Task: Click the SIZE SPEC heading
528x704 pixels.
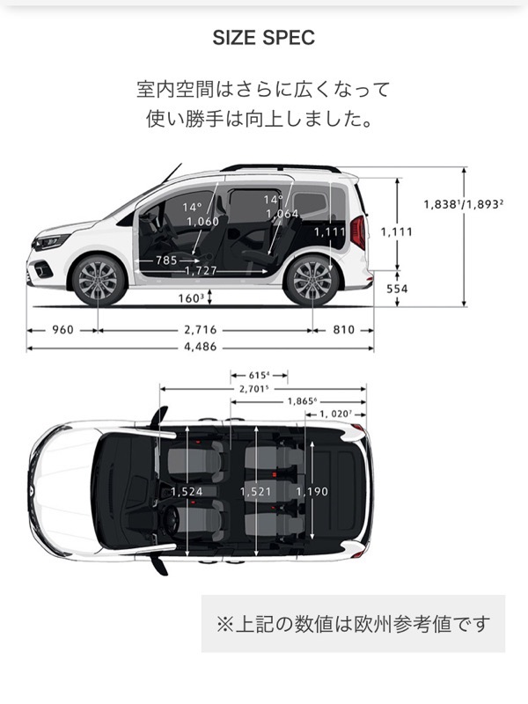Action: tap(263, 38)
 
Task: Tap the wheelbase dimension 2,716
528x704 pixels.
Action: tap(201, 330)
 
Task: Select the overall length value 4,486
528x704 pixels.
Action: tap(201, 347)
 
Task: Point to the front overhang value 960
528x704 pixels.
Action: tap(62, 330)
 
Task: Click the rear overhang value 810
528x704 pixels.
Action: tap(344, 330)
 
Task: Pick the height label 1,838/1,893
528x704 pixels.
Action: tap(464, 204)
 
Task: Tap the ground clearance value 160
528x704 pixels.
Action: tap(191, 298)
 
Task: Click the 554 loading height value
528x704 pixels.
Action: tap(397, 289)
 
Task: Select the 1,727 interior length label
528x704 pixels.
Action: tap(201, 271)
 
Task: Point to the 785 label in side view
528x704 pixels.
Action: tap(166, 260)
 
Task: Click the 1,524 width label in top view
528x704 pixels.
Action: tap(187, 492)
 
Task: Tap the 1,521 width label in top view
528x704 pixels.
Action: tap(255, 492)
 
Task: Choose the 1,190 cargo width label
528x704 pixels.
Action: tap(312, 492)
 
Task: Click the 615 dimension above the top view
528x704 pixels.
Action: tap(259, 375)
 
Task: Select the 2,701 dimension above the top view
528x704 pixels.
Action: tap(254, 389)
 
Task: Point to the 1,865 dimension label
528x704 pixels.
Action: tap(303, 401)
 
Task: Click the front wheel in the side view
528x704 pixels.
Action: tap(98, 281)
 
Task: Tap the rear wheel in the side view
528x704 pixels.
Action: tap(312, 281)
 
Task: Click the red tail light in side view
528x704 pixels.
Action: tap(358, 232)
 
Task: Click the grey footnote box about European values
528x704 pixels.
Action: tap(353, 624)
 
